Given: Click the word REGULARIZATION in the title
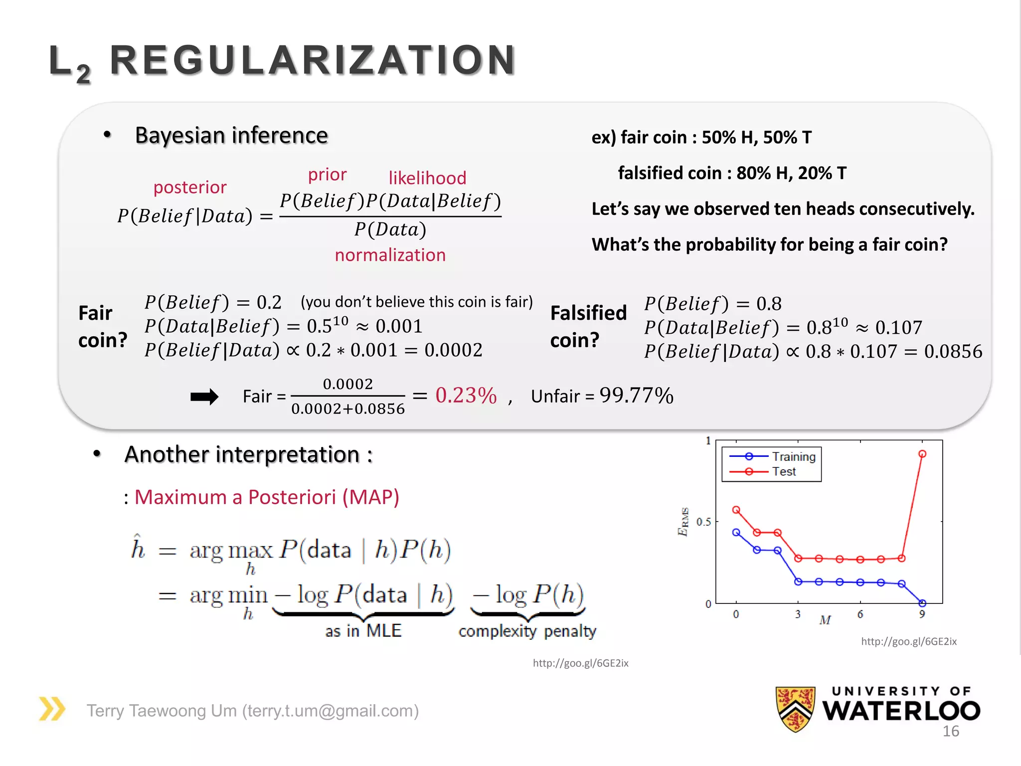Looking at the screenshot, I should pyautogui.click(x=313, y=61).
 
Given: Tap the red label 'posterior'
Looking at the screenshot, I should pyautogui.click(x=190, y=188).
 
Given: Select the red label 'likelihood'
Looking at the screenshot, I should pyautogui.click(x=427, y=178).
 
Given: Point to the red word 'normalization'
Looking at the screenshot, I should pyautogui.click(x=390, y=255).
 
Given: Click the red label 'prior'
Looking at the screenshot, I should pyautogui.click(x=327, y=175).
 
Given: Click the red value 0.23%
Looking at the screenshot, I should pyautogui.click(x=466, y=395).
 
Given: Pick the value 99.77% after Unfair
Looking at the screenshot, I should pyautogui.click(x=636, y=395).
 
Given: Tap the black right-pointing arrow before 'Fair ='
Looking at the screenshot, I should pyautogui.click(x=204, y=397).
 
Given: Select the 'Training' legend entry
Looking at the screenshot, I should pyautogui.click(x=793, y=457).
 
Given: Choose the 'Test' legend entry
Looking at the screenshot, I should pyautogui.click(x=784, y=472).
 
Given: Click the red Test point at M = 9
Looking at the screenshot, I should pyautogui.click(x=922, y=454).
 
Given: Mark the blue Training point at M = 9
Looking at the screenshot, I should pyautogui.click(x=922, y=603).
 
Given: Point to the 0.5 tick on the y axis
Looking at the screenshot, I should pyautogui.click(x=703, y=522).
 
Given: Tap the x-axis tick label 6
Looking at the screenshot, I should pyautogui.click(x=860, y=614).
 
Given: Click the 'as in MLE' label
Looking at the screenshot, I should pyautogui.click(x=363, y=631).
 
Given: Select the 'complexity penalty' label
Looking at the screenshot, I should pyautogui.click(x=527, y=631).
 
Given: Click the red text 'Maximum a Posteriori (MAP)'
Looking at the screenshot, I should pyautogui.click(x=267, y=497).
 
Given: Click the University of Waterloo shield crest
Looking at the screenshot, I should pyautogui.click(x=795, y=709).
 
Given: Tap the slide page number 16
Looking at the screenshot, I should pyautogui.click(x=950, y=732).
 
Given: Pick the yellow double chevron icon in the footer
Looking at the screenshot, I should pyautogui.click(x=52, y=709).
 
